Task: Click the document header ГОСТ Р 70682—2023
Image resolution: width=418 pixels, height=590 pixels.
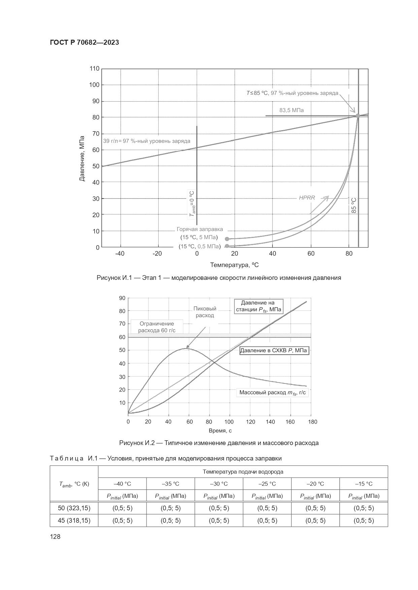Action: click(x=84, y=43)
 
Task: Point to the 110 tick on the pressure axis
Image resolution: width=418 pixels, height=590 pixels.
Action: click(x=94, y=69)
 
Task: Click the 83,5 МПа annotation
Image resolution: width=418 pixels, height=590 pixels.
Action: click(x=291, y=110)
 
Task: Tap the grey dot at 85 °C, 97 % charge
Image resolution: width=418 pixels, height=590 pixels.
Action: click(x=358, y=116)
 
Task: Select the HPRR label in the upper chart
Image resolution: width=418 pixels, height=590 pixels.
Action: click(x=307, y=198)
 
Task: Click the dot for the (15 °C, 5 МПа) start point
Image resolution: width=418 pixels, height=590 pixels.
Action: click(x=227, y=239)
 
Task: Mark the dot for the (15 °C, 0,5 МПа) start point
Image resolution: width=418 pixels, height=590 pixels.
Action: click(x=227, y=246)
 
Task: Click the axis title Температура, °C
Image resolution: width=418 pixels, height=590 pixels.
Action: click(x=234, y=265)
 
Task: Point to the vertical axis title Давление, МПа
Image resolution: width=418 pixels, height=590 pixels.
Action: click(x=82, y=156)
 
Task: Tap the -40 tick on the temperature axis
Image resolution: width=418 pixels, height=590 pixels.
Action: click(x=120, y=254)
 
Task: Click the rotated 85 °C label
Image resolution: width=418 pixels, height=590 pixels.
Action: click(x=354, y=205)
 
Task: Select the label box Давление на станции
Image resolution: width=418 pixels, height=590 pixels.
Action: click(x=259, y=306)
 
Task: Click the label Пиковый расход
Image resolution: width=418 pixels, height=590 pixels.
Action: click(x=205, y=312)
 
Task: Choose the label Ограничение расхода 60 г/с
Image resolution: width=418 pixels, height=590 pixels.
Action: click(x=157, y=327)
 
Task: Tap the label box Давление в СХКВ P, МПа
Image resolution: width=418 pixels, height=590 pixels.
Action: click(x=274, y=351)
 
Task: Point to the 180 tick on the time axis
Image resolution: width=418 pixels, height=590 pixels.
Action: click(x=313, y=422)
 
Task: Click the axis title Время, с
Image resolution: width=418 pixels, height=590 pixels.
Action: click(x=220, y=431)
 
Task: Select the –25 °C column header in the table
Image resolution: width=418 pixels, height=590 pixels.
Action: click(x=267, y=484)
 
